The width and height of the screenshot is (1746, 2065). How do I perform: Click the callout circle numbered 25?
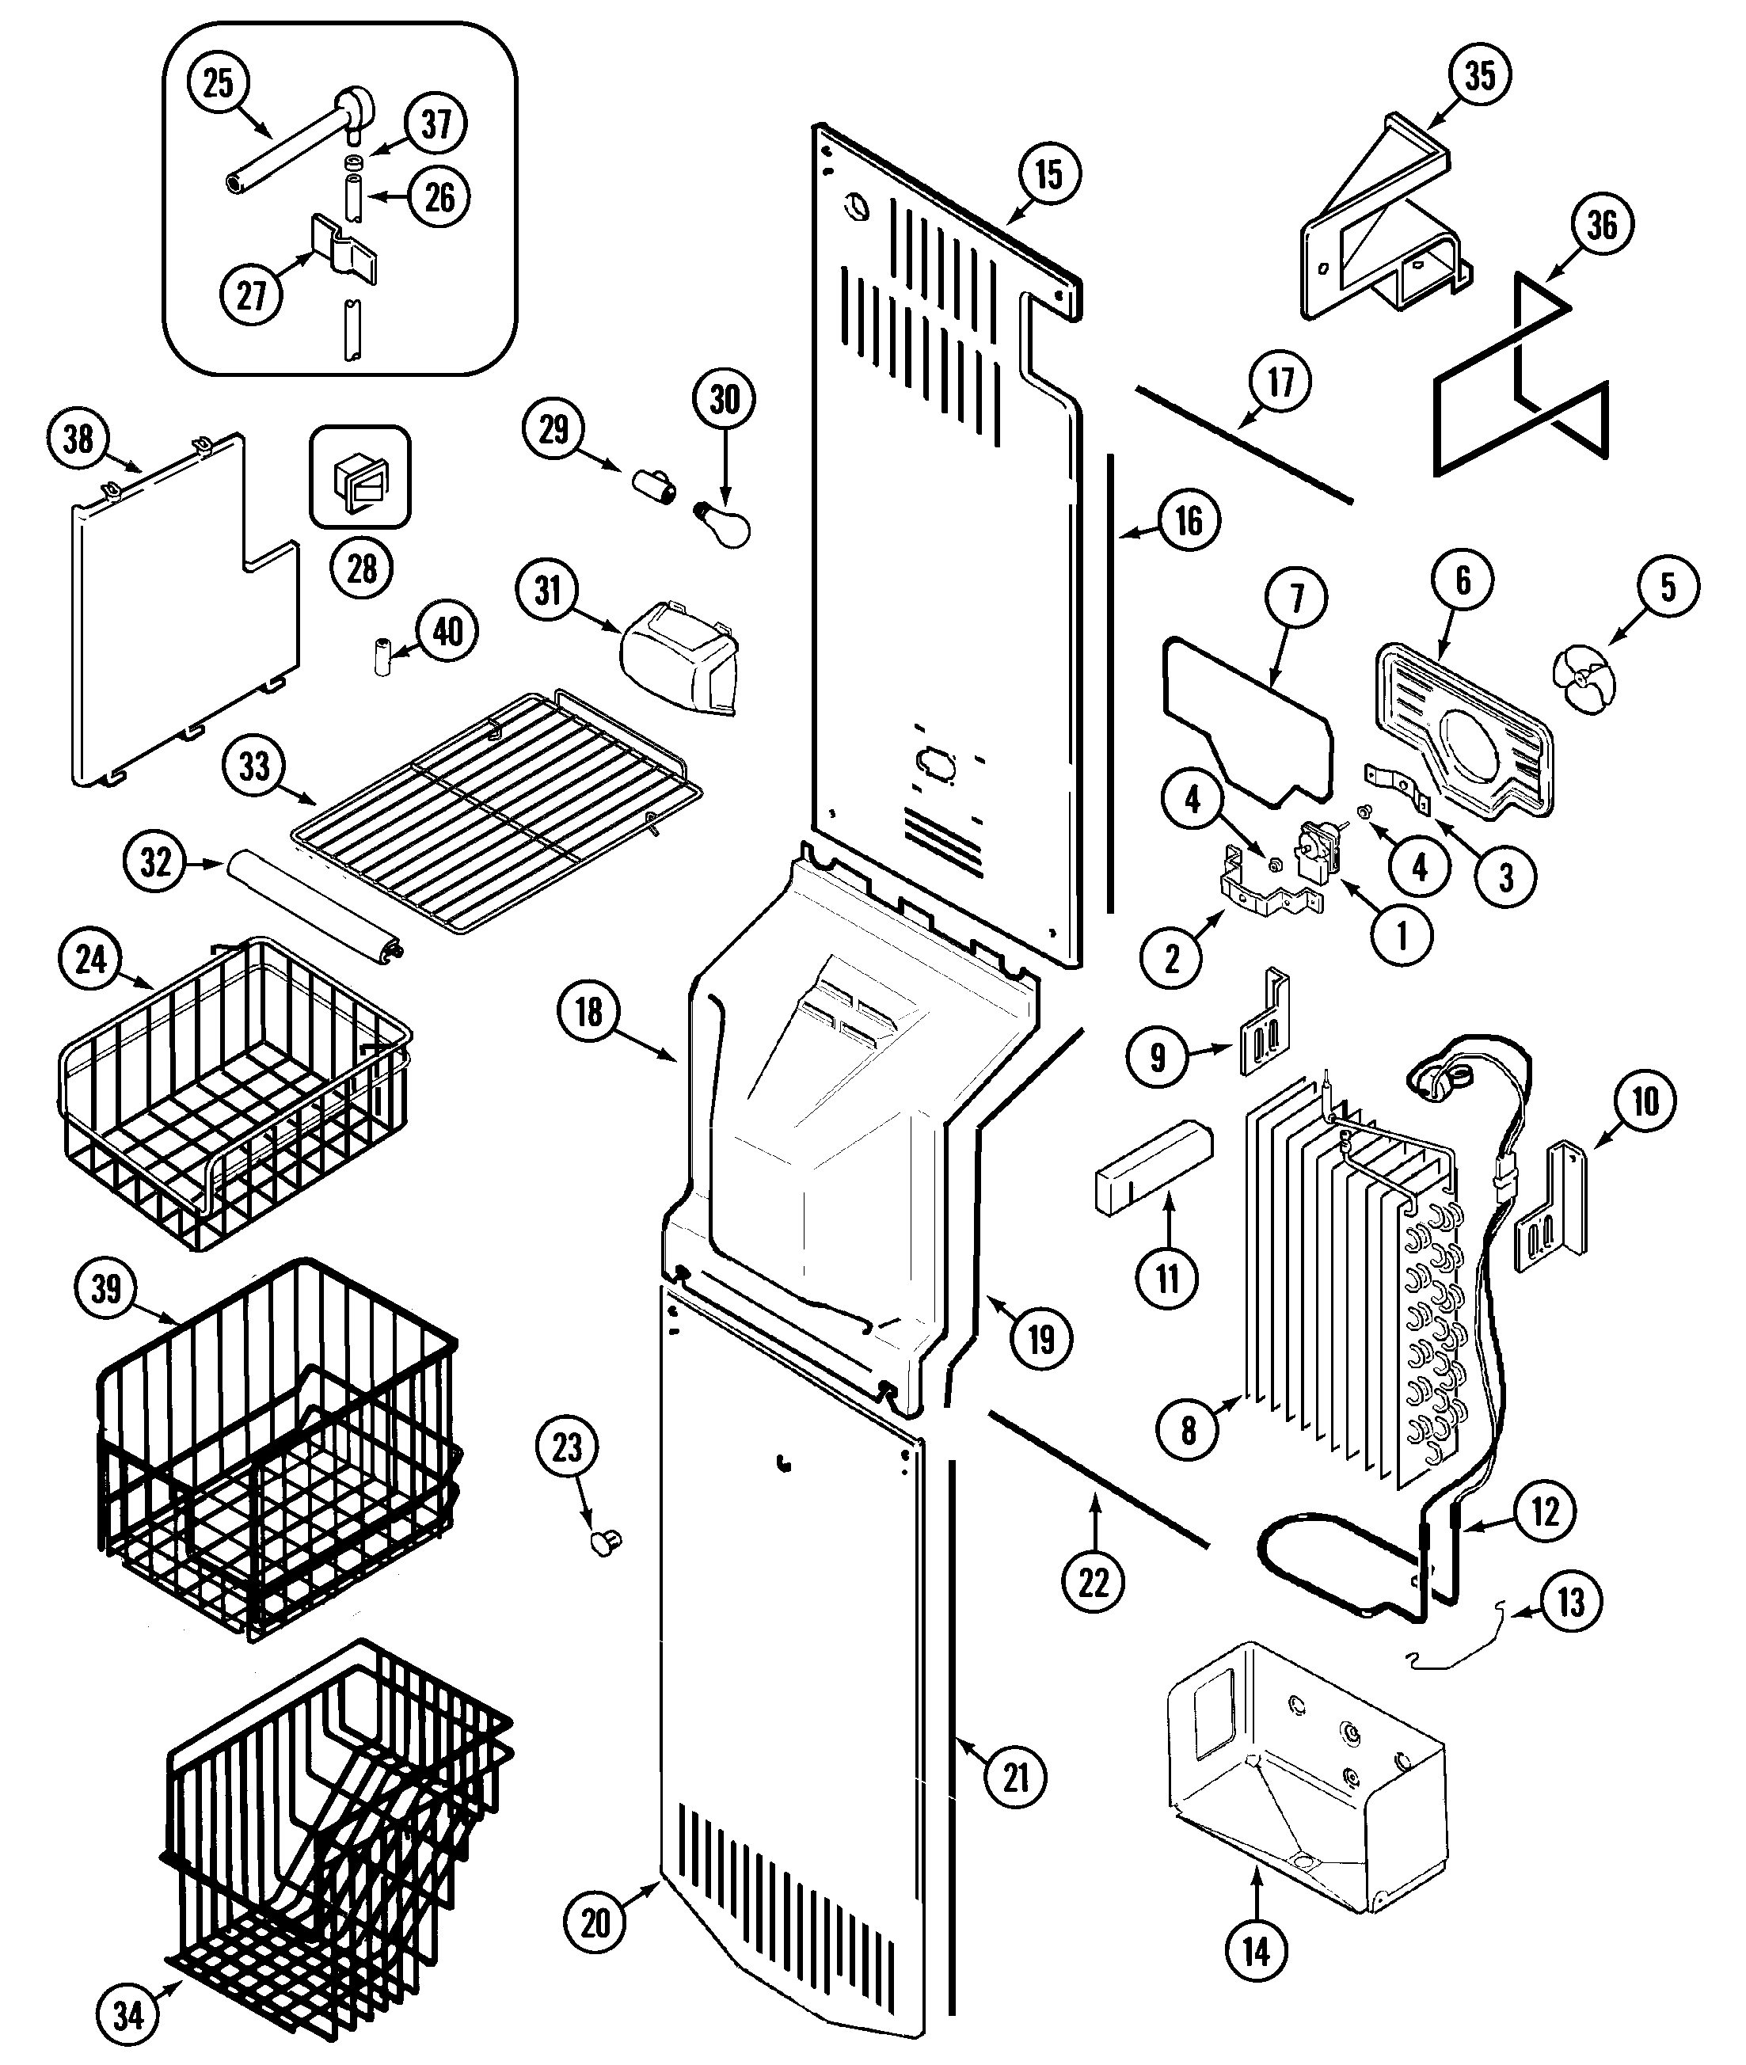coord(218,82)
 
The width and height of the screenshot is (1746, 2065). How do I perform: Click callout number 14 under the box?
coord(1256,1951)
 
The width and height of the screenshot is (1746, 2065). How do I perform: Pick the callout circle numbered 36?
coord(1601,225)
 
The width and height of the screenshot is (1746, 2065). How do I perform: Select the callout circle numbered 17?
coord(1280,380)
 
